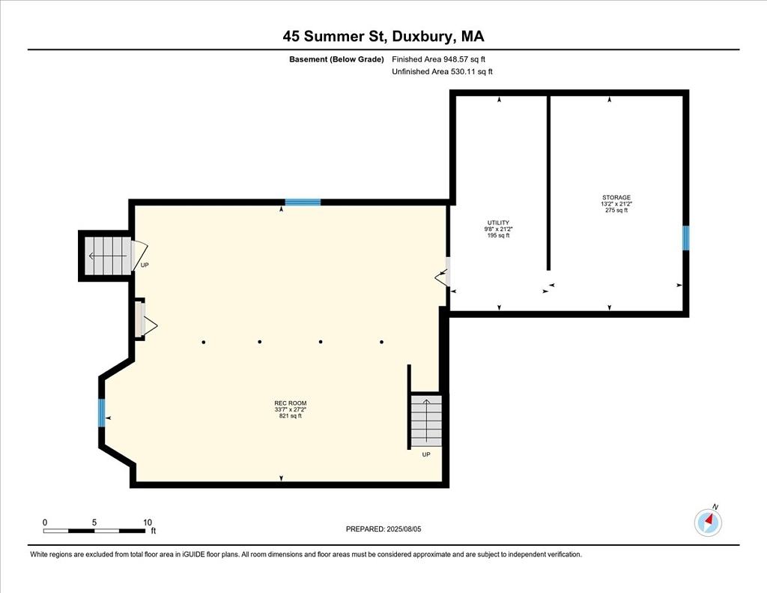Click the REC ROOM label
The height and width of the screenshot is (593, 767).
(x=291, y=403)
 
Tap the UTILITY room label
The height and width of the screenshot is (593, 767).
(x=498, y=223)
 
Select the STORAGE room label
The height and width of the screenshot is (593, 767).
(x=616, y=198)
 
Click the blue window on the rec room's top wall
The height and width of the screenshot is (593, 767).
(x=303, y=202)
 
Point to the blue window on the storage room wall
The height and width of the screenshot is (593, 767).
(x=686, y=238)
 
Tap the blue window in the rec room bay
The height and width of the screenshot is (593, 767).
(x=102, y=413)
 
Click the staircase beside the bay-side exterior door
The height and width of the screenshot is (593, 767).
(x=108, y=256)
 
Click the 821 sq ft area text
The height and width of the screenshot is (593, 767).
(x=291, y=416)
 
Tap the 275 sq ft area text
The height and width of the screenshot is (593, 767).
(x=616, y=211)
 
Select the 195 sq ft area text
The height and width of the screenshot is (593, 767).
(x=498, y=235)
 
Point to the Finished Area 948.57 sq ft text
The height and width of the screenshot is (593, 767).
(x=439, y=59)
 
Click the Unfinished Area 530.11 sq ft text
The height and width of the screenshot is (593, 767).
(x=442, y=71)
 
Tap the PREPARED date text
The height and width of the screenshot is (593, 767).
(x=383, y=529)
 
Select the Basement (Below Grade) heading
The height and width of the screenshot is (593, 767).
(x=336, y=59)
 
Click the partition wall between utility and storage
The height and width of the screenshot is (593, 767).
(x=548, y=183)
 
